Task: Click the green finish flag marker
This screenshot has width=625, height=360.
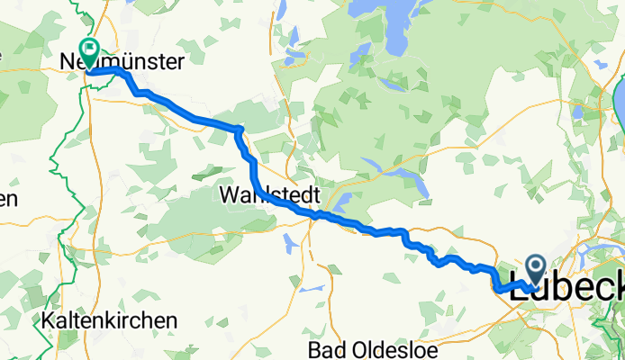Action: [90, 49]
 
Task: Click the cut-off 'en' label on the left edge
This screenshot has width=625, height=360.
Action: [8, 199]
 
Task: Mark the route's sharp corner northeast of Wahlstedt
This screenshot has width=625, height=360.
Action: [239, 130]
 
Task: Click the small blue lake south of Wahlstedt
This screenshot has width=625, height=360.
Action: [288, 241]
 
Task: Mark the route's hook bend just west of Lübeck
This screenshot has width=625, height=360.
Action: [497, 287]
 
